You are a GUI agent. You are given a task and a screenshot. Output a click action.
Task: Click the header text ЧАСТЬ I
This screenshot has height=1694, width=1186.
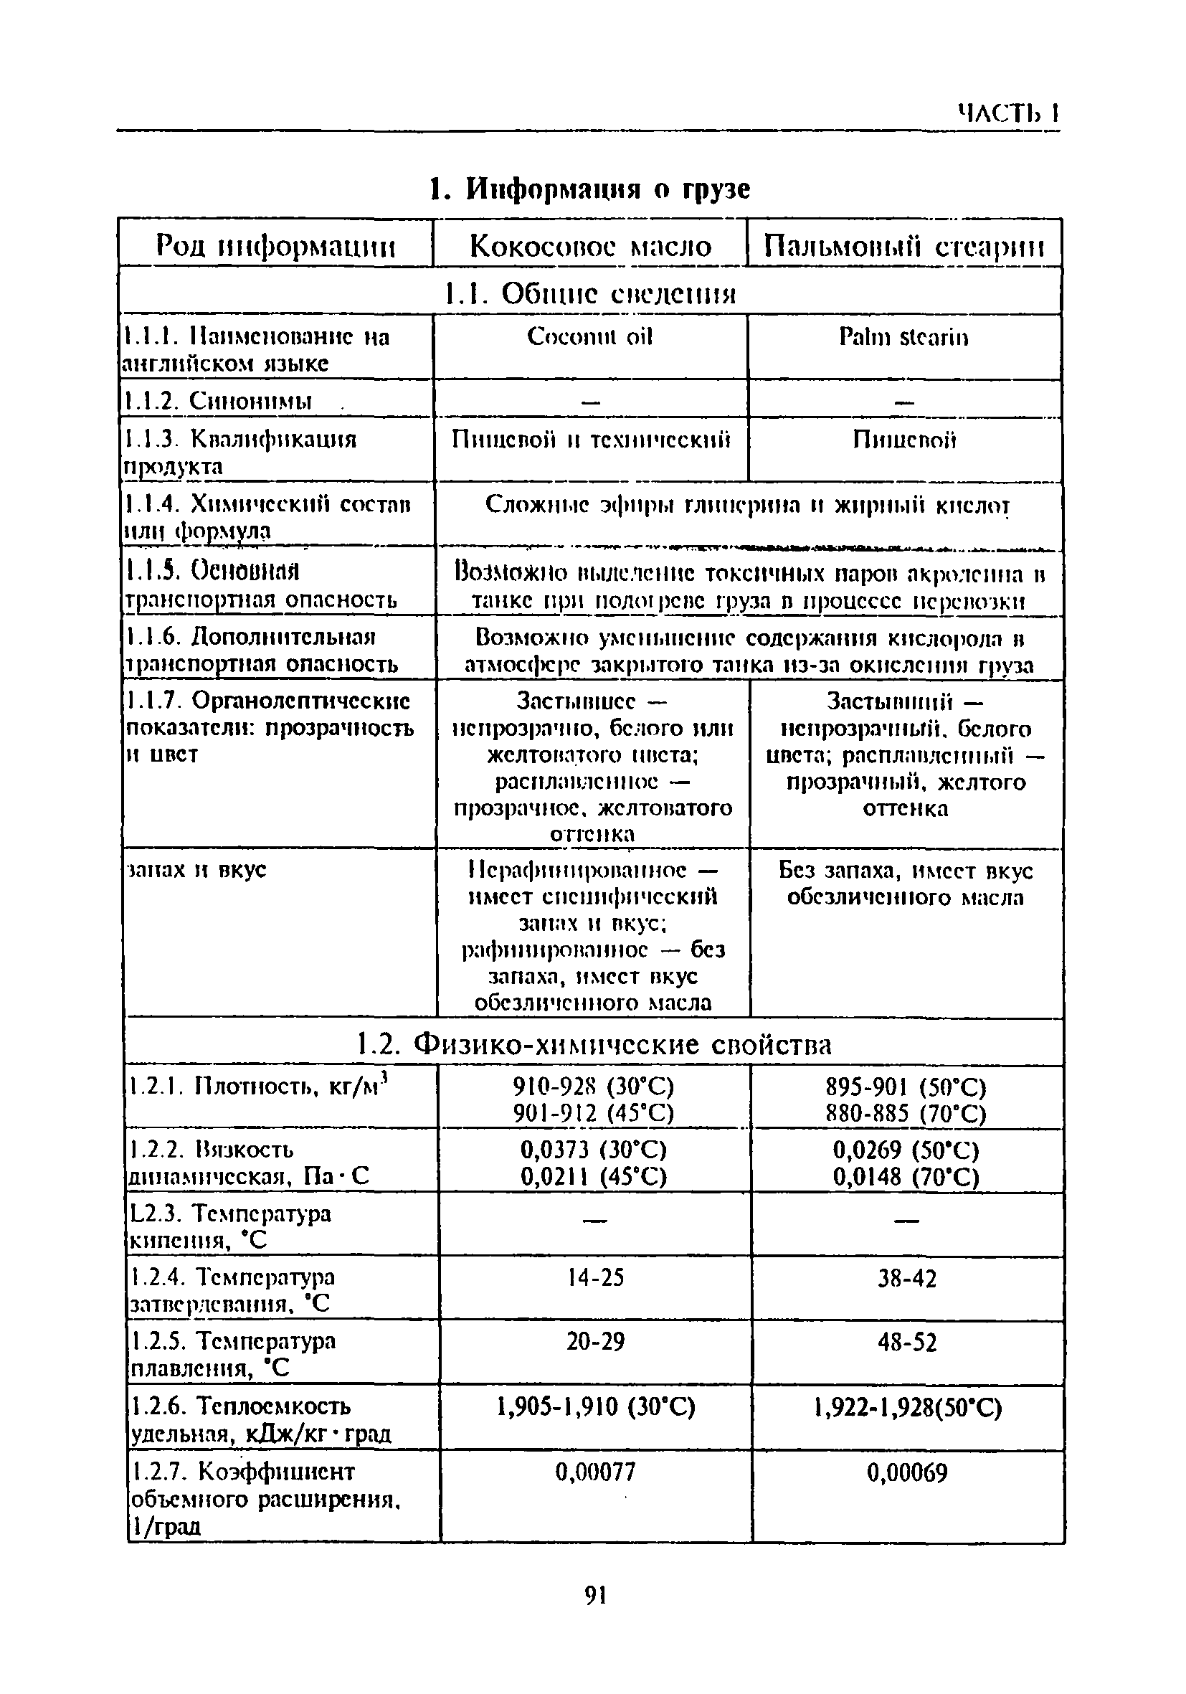(x=1008, y=113)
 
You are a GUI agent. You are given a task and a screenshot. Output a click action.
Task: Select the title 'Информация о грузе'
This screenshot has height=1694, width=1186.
(x=589, y=189)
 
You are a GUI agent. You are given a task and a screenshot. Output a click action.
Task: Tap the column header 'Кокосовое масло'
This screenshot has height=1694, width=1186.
(x=590, y=246)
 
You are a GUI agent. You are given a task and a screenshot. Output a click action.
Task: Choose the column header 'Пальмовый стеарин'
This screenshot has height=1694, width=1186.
(x=903, y=246)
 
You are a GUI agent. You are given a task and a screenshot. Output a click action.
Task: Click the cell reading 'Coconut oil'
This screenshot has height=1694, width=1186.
(x=590, y=337)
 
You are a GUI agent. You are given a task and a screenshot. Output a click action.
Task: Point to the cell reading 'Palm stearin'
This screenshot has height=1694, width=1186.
(x=903, y=338)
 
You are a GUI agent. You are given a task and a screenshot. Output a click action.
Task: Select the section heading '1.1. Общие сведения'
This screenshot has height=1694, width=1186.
(x=590, y=293)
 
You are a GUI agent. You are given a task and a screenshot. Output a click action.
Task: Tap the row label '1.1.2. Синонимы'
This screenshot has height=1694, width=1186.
(x=218, y=401)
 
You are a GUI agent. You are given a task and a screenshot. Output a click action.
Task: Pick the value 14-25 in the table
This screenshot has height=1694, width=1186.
(x=595, y=1277)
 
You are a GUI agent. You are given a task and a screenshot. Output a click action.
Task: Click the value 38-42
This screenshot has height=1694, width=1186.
(x=906, y=1278)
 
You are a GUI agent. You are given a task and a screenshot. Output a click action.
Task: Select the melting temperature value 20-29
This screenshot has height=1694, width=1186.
(x=595, y=1340)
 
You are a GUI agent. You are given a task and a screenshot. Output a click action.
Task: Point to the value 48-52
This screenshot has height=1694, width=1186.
(x=906, y=1341)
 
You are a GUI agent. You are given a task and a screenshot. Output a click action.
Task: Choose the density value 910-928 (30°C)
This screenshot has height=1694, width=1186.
(x=594, y=1087)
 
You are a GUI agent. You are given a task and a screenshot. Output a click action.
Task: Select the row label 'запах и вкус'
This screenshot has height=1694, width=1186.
(x=197, y=870)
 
